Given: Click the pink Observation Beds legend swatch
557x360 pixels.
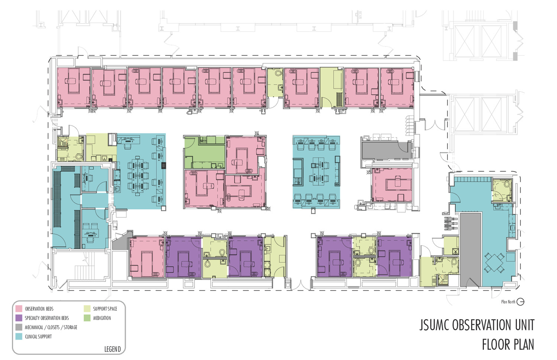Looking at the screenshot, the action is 19,308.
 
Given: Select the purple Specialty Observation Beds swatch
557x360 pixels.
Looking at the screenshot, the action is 19,318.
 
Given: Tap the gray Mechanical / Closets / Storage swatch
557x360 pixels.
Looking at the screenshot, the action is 19,327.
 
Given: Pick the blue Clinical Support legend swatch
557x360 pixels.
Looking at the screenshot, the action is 19,336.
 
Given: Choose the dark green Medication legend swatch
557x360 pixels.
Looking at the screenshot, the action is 87,318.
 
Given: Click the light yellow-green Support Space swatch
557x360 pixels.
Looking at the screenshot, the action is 87,308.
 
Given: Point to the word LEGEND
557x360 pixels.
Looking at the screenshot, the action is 113,349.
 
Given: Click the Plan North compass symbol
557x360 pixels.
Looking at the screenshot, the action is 520,302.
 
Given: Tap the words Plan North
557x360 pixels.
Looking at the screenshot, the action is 508,302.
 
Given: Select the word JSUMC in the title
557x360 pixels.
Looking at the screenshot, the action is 434,325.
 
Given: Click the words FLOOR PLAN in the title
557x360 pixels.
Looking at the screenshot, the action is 508,344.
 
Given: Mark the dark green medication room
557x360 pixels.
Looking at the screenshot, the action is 204,152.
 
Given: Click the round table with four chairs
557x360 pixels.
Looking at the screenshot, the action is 494,262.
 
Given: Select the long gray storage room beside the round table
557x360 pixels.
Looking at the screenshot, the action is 471,249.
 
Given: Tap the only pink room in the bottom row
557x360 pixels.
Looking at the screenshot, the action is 147,257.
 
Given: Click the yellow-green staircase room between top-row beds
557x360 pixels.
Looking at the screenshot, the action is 332,88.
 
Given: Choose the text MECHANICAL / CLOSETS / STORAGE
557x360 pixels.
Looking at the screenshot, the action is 51,327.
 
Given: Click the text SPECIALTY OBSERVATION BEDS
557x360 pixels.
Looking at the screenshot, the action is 47,318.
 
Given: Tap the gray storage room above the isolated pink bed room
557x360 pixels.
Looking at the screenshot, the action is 386,150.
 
